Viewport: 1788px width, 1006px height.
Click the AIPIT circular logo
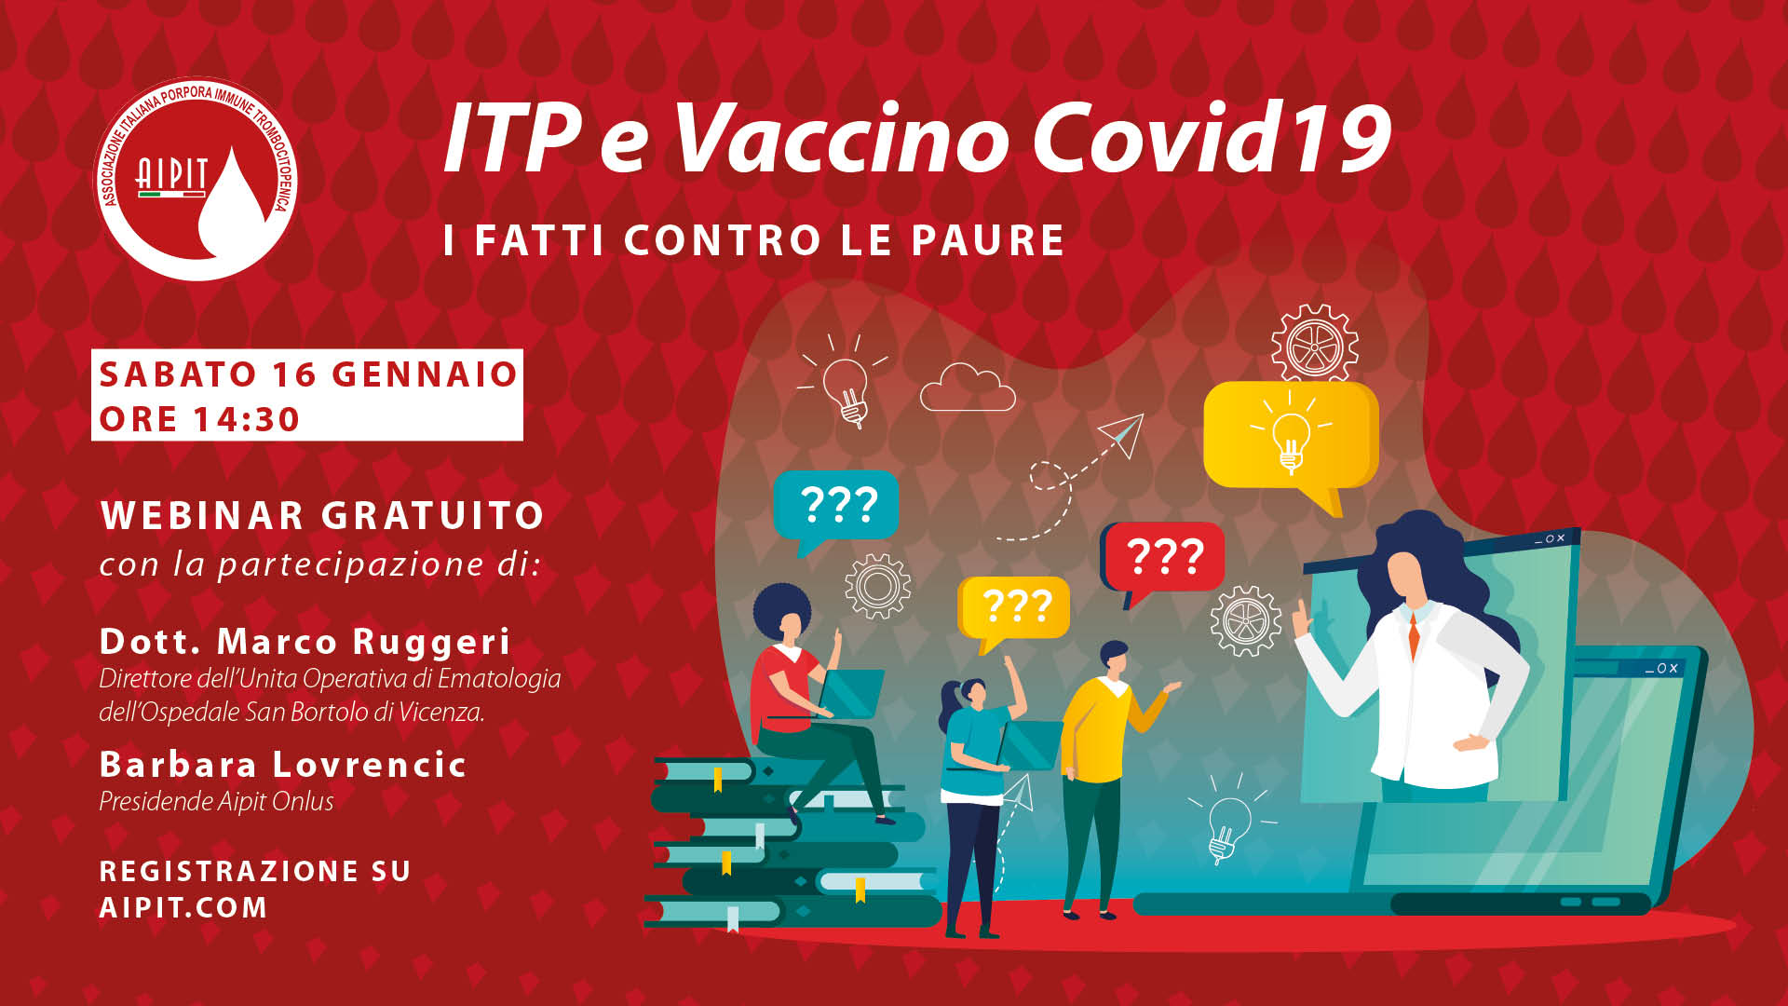[196, 179]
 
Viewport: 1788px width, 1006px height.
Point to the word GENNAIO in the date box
[425, 374]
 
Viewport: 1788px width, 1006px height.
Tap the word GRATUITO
[433, 515]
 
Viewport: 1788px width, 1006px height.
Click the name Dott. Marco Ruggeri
[305, 642]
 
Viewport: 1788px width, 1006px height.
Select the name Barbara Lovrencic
[283, 765]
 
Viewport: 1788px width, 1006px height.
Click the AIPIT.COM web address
[183, 907]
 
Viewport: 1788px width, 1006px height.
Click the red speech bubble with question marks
[1164, 562]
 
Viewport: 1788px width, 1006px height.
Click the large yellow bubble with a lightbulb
[1291, 438]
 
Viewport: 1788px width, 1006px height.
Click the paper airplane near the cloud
[1122, 434]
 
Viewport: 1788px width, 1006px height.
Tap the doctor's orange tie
[1414, 635]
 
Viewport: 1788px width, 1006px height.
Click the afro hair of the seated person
[781, 610]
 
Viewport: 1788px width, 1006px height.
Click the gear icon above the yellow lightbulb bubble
[1314, 344]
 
